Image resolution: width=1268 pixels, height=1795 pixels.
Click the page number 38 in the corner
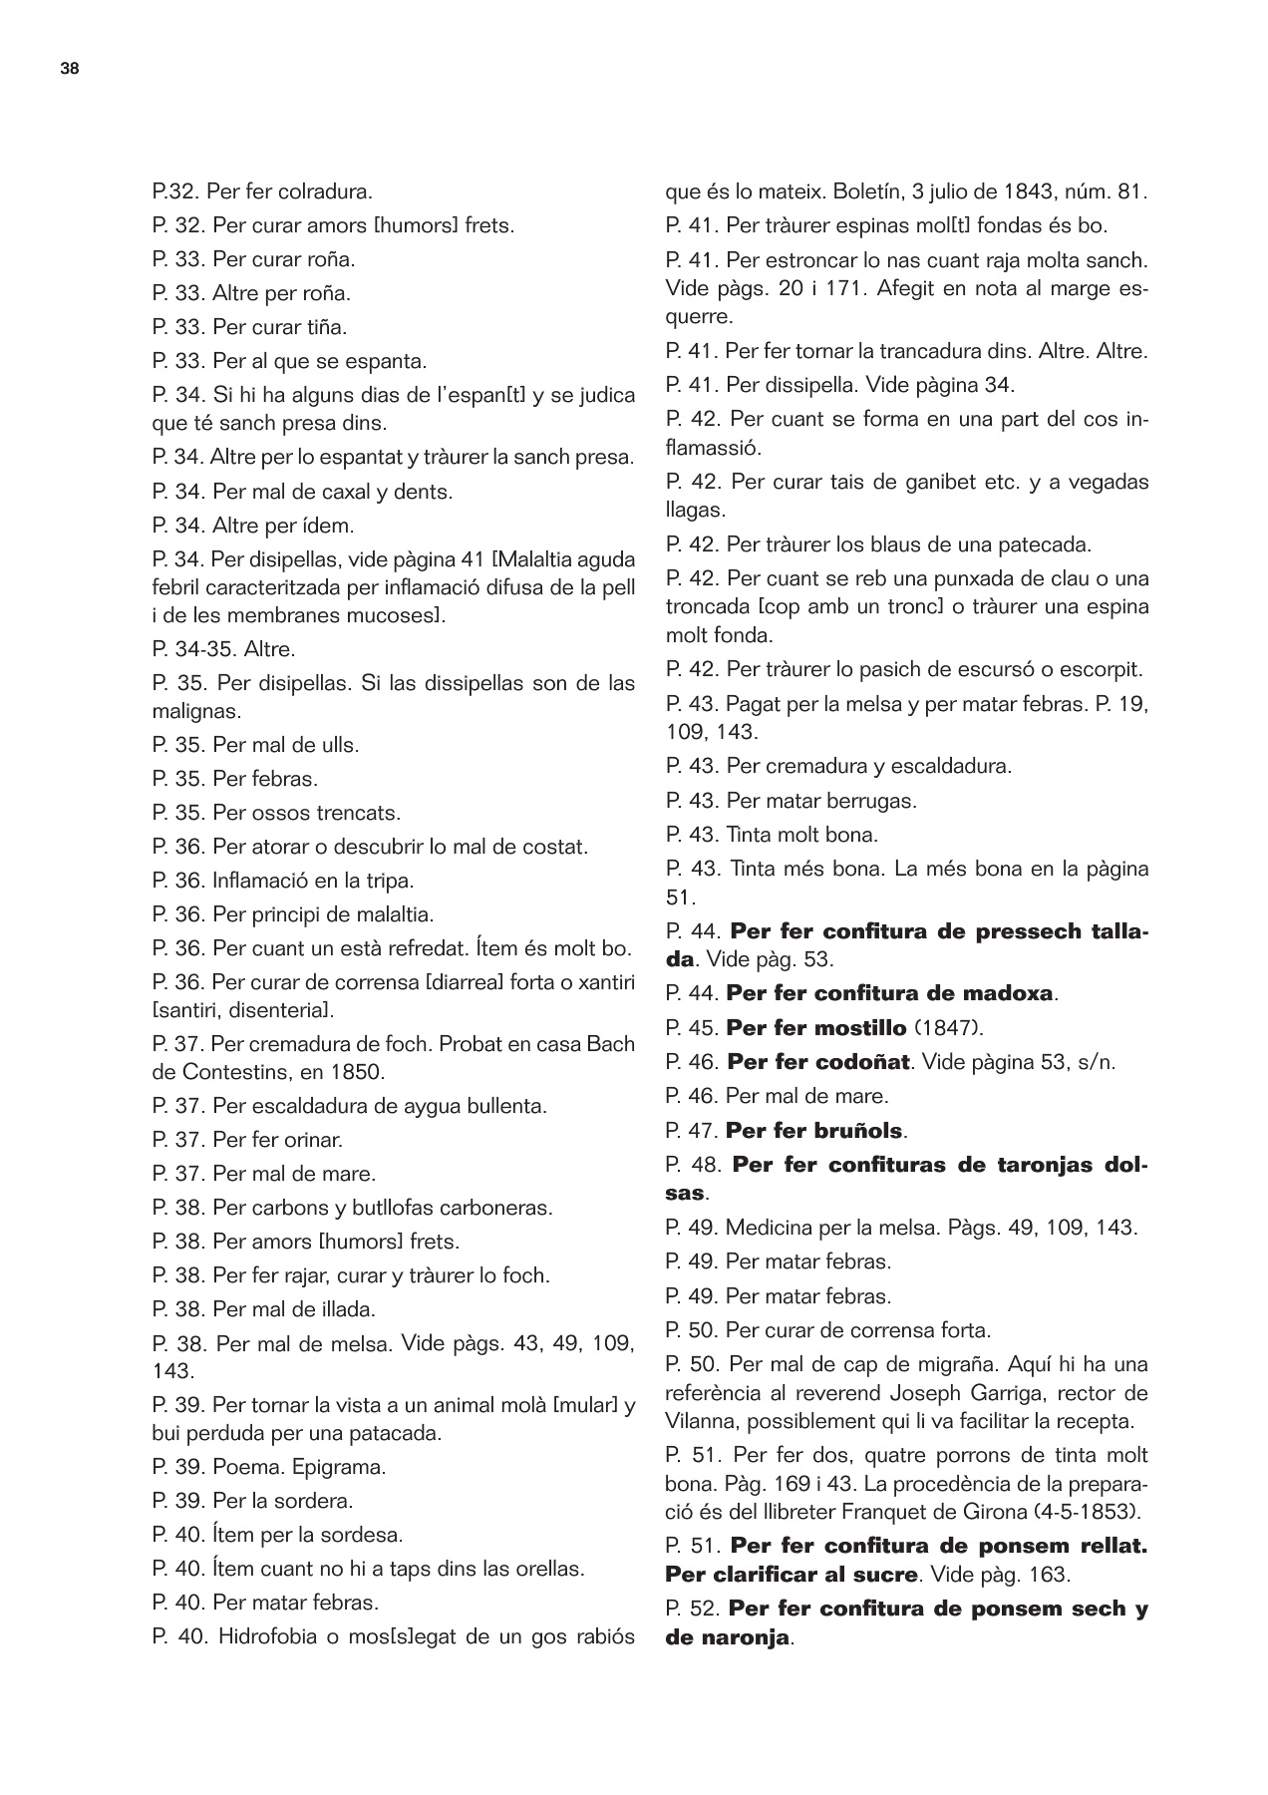(x=70, y=69)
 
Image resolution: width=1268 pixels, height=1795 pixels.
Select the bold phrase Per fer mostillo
(x=816, y=1028)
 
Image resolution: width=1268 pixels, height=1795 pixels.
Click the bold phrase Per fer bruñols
(x=814, y=1131)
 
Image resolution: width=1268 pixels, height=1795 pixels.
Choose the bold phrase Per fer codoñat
(x=818, y=1062)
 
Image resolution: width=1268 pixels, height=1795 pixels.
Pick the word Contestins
(x=236, y=1072)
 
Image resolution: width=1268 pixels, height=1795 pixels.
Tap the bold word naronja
(x=740, y=1637)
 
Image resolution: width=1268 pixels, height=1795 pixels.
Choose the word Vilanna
(x=703, y=1420)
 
